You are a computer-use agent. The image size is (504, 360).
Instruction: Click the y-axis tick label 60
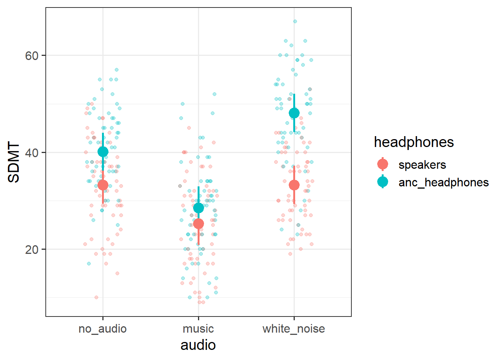(x=32, y=56)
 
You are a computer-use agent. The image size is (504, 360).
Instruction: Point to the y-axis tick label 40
(x=32, y=153)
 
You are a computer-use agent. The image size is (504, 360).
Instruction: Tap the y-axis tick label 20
(x=32, y=250)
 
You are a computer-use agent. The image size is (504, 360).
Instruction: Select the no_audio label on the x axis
(x=102, y=329)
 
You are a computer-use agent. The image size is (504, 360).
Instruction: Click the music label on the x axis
(x=198, y=329)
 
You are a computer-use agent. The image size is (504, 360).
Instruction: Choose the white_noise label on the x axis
(x=294, y=329)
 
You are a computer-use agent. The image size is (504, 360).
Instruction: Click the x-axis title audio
(x=198, y=345)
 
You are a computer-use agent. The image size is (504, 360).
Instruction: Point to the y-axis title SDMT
(x=14, y=162)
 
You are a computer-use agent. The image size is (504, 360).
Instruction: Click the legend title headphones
(x=414, y=142)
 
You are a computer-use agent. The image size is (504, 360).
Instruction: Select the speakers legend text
(x=422, y=165)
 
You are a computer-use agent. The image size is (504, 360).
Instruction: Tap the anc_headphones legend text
(x=444, y=183)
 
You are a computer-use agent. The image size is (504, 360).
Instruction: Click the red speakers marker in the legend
(x=382, y=164)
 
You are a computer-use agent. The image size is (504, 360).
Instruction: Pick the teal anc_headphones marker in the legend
(x=382, y=182)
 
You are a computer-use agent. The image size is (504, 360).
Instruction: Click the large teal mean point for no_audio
(x=103, y=151)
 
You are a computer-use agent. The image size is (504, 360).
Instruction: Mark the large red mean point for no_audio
(x=103, y=185)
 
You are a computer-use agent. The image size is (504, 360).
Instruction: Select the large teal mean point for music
(x=198, y=208)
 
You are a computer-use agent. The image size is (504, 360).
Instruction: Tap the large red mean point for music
(x=198, y=224)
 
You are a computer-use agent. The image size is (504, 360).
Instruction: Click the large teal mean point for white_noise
(x=294, y=113)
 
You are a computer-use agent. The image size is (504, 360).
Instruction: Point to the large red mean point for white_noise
(x=294, y=185)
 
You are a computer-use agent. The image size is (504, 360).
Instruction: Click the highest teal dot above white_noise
(x=295, y=21)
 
